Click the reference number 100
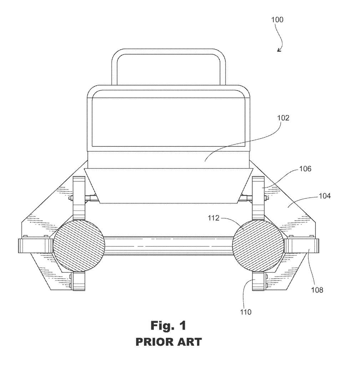[x=277, y=20]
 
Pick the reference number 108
[x=317, y=290]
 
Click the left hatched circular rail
[x=78, y=246]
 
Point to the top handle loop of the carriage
[x=168, y=53]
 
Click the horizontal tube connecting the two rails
[x=168, y=246]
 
